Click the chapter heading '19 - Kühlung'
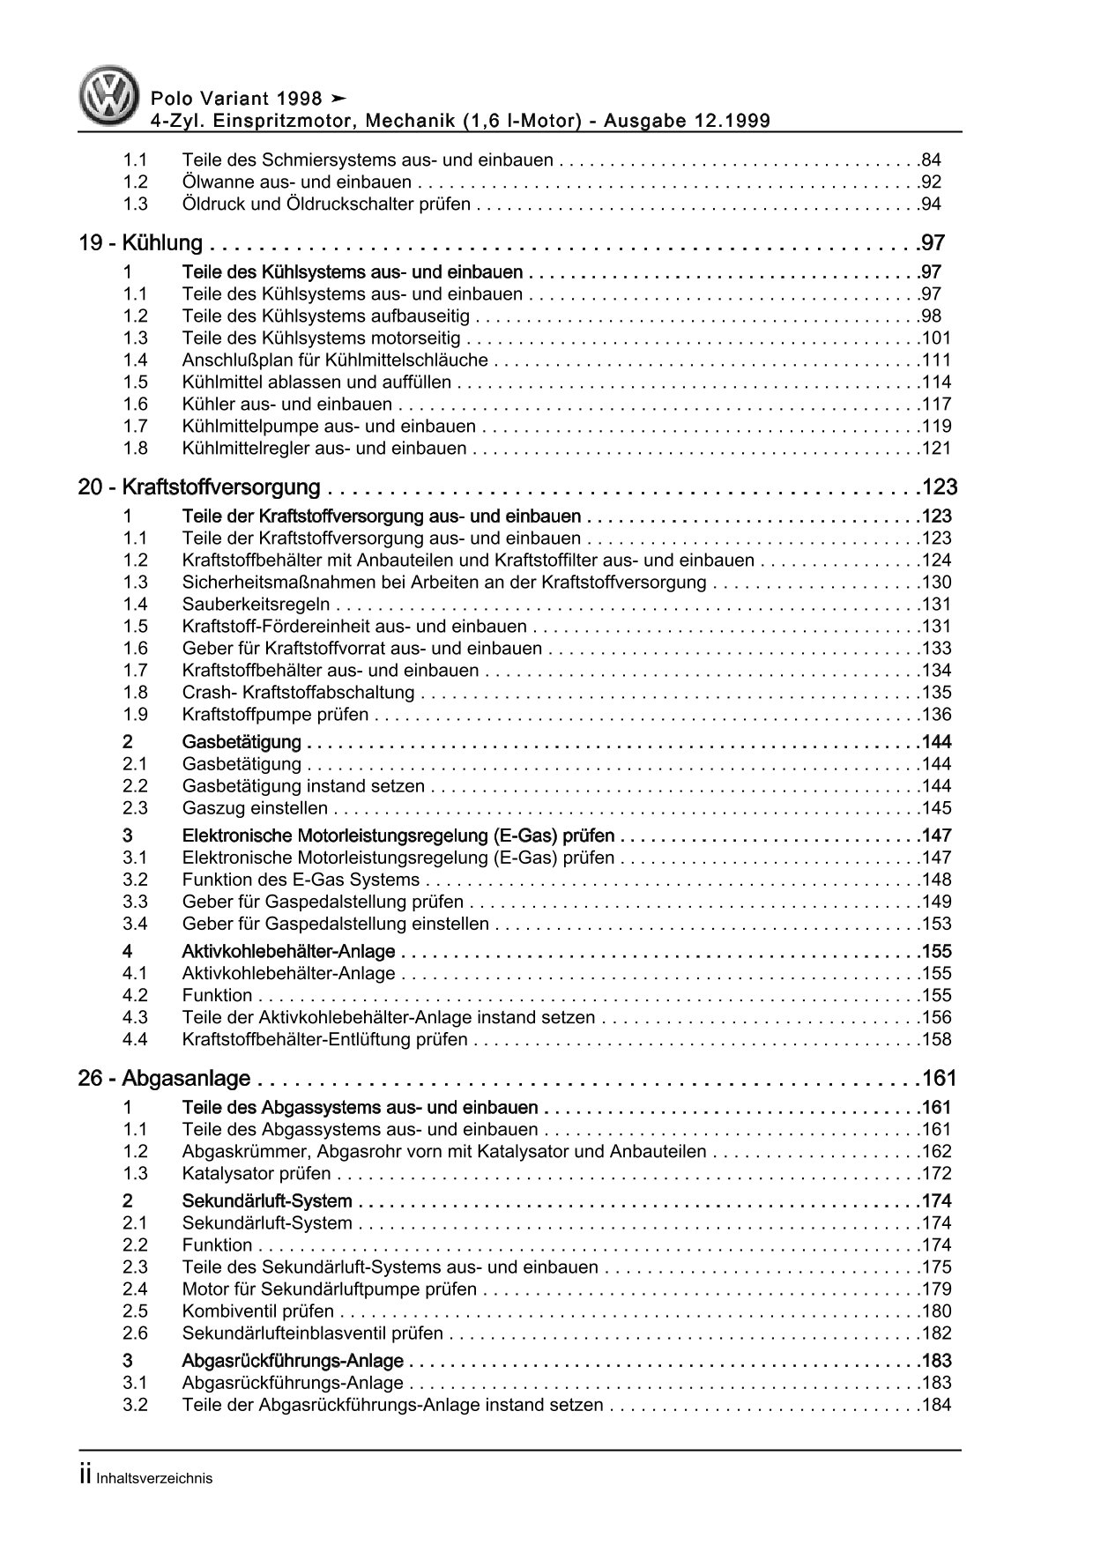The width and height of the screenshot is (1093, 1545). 141,243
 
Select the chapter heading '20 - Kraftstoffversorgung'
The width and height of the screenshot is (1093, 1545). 199,487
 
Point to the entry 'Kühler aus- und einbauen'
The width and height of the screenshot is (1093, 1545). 286,405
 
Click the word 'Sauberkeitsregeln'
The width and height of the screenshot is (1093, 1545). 256,605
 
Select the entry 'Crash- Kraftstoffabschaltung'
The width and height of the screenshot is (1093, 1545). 298,693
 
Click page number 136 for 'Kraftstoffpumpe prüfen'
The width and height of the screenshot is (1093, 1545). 935,715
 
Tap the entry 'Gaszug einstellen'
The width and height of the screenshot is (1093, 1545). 255,808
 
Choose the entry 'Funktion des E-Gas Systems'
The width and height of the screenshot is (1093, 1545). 301,880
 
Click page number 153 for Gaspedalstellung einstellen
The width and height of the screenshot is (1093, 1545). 935,924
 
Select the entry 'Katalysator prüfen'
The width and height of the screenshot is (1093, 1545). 257,1174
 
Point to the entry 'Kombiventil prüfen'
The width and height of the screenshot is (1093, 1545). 258,1311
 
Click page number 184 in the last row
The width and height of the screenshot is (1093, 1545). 935,1405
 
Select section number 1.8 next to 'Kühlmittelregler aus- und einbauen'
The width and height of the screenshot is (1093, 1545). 135,449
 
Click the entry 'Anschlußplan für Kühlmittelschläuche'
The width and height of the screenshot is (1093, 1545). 335,360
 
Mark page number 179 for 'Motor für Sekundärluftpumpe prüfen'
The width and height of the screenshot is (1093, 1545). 935,1289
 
